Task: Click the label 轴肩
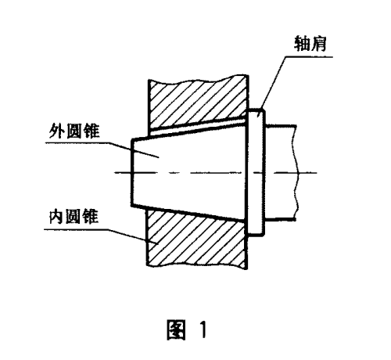pyautogui.click(x=310, y=44)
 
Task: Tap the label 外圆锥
pyautogui.click(x=74, y=131)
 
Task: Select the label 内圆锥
pyautogui.click(x=74, y=217)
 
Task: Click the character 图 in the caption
pyautogui.click(x=176, y=329)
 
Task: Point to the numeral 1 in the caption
pyautogui.click(x=203, y=329)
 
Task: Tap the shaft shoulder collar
pyautogui.click(x=256, y=172)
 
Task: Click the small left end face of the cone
pyautogui.click(x=132, y=172)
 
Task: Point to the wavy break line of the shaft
pyautogui.click(x=296, y=172)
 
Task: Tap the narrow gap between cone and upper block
pyautogui.click(x=197, y=126)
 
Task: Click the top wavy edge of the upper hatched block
pyautogui.click(x=198, y=78)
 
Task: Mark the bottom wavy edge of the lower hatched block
pyautogui.click(x=197, y=266)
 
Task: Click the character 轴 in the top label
pyautogui.click(x=302, y=44)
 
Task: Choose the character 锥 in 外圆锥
pyautogui.click(x=91, y=131)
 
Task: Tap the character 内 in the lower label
pyautogui.click(x=56, y=217)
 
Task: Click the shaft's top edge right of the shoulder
pyautogui.click(x=281, y=127)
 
